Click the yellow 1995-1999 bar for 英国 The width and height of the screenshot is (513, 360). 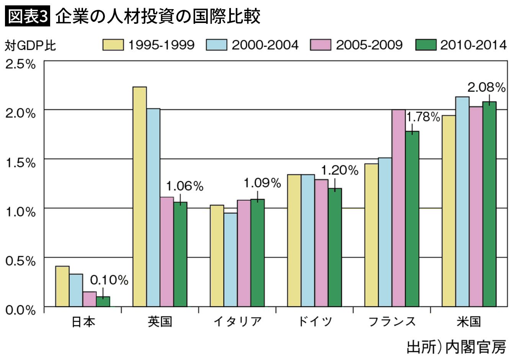140,196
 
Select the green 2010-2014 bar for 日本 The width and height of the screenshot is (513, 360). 103,301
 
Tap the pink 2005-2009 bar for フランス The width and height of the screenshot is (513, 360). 399,208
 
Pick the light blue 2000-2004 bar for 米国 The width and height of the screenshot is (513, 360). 462,202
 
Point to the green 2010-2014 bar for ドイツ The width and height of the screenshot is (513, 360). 335,247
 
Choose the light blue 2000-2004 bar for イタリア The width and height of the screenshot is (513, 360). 230,260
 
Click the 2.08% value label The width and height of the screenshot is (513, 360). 486,87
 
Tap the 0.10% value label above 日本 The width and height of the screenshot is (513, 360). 109,280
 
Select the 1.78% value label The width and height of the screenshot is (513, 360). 423,117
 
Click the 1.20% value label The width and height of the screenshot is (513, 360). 340,170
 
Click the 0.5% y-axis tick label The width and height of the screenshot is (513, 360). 21,261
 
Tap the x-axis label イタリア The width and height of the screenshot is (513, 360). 237,321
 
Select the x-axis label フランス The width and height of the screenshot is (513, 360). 392,321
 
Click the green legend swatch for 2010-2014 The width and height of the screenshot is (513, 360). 426,45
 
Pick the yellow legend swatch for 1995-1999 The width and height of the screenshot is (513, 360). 113,45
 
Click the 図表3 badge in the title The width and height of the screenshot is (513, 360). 28,16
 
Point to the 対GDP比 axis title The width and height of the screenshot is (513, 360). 30,46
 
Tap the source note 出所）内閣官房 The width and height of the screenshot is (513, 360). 457,348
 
